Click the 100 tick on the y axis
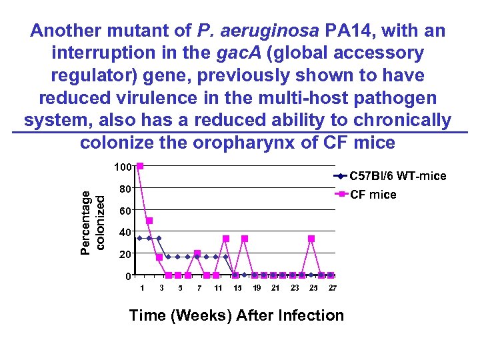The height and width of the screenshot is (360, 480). point(123,166)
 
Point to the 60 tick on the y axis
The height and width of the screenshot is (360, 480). point(124,211)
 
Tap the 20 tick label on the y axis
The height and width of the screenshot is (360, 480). point(124,255)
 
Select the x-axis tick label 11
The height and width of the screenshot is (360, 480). point(218,288)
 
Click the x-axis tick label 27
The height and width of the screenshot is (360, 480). point(332,288)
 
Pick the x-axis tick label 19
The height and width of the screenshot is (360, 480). point(256,288)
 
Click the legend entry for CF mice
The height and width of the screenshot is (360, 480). point(373,195)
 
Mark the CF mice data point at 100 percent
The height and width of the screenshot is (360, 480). point(140,167)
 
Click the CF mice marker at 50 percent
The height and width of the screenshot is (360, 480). point(150,221)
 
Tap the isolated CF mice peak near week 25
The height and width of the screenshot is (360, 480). point(311,239)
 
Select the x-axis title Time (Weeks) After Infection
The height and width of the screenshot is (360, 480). point(237,315)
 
